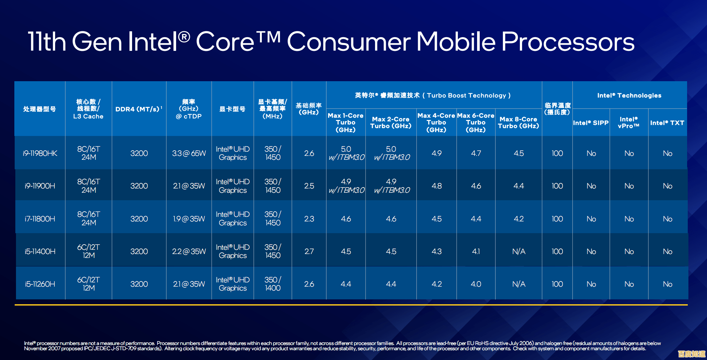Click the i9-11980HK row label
pyautogui.click(x=40, y=153)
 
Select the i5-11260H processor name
pyautogui.click(x=40, y=284)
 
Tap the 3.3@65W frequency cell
pyautogui.click(x=189, y=153)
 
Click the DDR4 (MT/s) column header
pyautogui.click(x=139, y=109)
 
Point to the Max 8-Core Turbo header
pyautogui.click(x=518, y=123)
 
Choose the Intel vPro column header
pyautogui.click(x=628, y=123)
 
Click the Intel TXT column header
pyautogui.click(x=667, y=123)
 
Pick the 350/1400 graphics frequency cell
pyautogui.click(x=273, y=284)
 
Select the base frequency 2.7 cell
pyautogui.click(x=309, y=251)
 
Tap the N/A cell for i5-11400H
pyautogui.click(x=519, y=251)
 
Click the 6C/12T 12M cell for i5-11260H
pyautogui.click(x=88, y=284)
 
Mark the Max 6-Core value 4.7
pyautogui.click(x=476, y=153)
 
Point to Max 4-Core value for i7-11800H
pyautogui.click(x=436, y=219)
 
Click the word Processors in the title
pyautogui.click(x=568, y=42)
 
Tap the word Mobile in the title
pyautogui.click(x=456, y=42)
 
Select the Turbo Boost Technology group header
pyautogui.click(x=433, y=95)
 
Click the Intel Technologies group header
pyautogui.click(x=629, y=95)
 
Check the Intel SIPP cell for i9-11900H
pyautogui.click(x=591, y=186)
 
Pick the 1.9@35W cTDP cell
pyautogui.click(x=189, y=219)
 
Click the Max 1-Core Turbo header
pyautogui.click(x=345, y=123)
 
